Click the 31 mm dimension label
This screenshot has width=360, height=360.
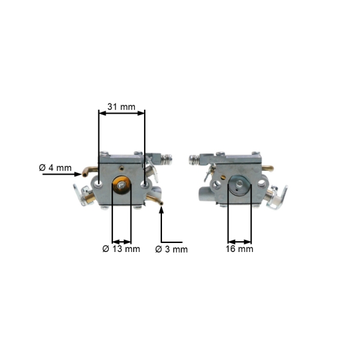pos(121,107)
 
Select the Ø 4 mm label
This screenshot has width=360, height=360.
pos(55,168)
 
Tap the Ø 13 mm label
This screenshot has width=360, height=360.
pos(121,249)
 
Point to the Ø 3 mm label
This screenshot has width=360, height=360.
pos(171,250)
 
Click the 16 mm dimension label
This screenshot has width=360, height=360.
pos(239,249)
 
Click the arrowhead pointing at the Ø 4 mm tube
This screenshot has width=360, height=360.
pos(78,175)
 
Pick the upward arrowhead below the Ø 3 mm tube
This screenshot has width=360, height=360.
pos(161,210)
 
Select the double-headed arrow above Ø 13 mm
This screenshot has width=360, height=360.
pos(122,242)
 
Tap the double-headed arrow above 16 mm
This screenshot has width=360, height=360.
pos(239,242)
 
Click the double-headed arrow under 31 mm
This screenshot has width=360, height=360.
pos(122,113)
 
